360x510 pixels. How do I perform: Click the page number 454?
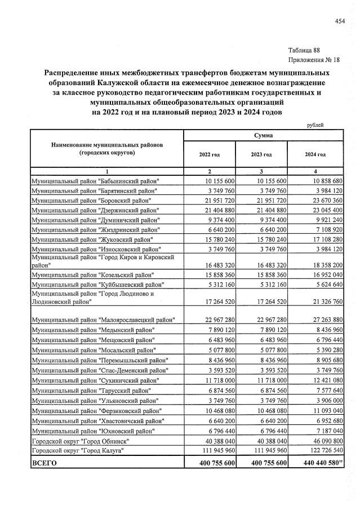pos(339,21)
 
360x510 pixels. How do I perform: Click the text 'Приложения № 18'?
pos(313,60)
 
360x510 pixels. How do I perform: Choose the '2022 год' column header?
pos(209,154)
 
